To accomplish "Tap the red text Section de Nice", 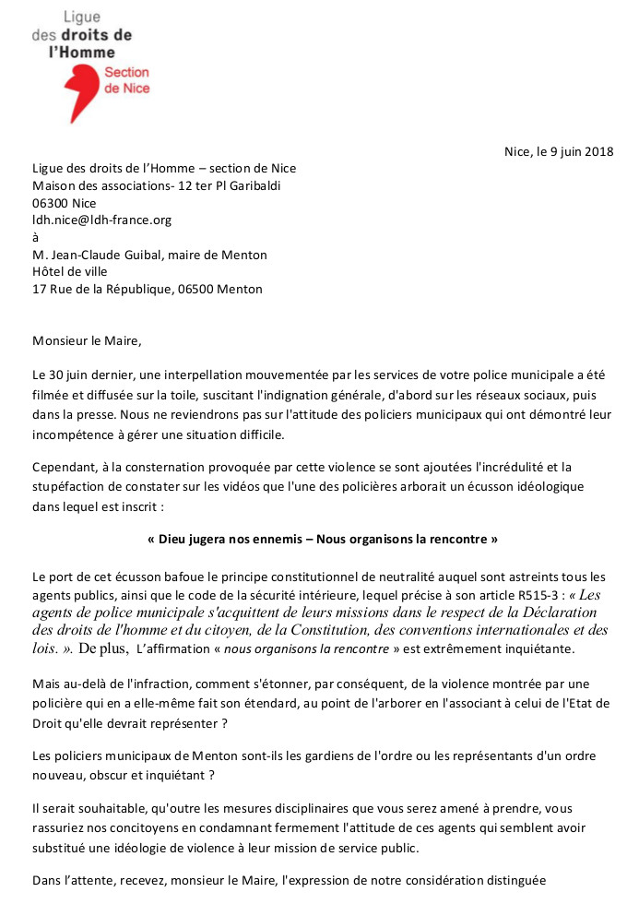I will coord(126,80).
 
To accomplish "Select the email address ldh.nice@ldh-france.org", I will coord(101,220).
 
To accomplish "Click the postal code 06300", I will coord(52,203).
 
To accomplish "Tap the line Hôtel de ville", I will coord(69,271).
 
